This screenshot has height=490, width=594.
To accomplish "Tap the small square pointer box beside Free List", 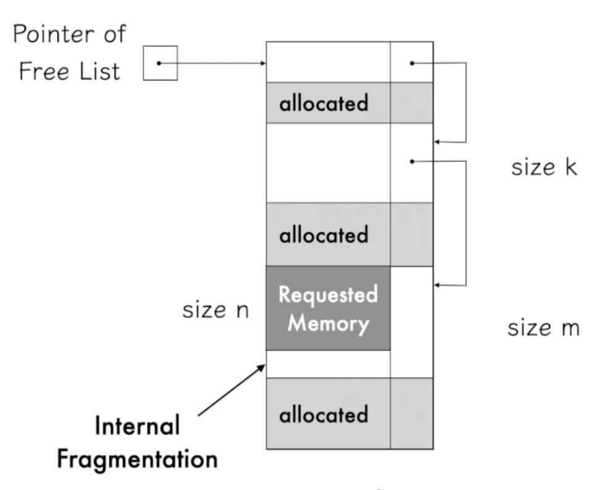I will pyautogui.click(x=160, y=63).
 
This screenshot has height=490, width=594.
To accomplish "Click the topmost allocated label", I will pyautogui.click(x=324, y=103).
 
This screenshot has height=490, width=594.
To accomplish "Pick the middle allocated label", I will pyautogui.click(x=324, y=235).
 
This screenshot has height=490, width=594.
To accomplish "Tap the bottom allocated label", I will pyautogui.click(x=324, y=414).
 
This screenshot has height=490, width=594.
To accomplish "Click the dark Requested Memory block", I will pyautogui.click(x=328, y=308).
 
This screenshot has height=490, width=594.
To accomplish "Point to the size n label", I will pyautogui.click(x=215, y=310).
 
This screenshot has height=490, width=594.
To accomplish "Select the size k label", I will pyautogui.click(x=544, y=168).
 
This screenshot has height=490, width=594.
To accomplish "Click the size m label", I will pyautogui.click(x=543, y=328).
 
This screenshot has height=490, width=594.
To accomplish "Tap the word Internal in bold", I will pyautogui.click(x=137, y=426).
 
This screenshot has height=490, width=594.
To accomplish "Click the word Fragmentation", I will pyautogui.click(x=137, y=459).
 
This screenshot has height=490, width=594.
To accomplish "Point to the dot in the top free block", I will pyautogui.click(x=411, y=62).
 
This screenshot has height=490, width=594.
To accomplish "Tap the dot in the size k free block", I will pyautogui.click(x=411, y=161).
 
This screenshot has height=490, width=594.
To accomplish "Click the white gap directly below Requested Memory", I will pyautogui.click(x=328, y=364).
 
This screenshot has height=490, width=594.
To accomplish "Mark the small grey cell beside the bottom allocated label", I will pyautogui.click(x=411, y=413).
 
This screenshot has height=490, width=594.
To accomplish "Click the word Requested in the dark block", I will pyautogui.click(x=328, y=294).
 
